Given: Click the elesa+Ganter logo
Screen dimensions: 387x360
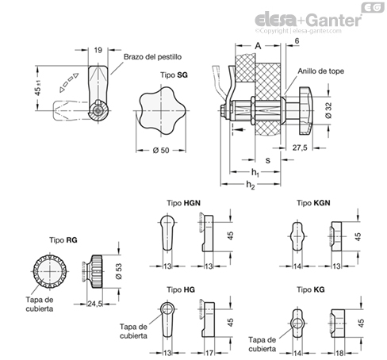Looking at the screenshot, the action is pyautogui.click(x=308, y=20).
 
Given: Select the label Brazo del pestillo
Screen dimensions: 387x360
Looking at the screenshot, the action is pyautogui.click(x=152, y=57).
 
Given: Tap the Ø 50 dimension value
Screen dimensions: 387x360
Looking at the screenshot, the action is pyautogui.click(x=161, y=151).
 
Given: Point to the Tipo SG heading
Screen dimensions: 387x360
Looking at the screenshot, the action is pyautogui.click(x=174, y=75).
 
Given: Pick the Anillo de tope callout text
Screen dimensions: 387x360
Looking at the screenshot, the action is pyautogui.click(x=321, y=71).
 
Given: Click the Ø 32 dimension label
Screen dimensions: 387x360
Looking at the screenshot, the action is pyautogui.click(x=328, y=110).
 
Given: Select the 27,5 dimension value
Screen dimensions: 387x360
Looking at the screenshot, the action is pyautogui.click(x=300, y=147).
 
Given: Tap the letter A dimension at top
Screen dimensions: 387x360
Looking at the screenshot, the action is pyautogui.click(x=258, y=46).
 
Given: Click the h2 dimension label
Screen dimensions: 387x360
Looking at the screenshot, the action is pyautogui.click(x=251, y=185).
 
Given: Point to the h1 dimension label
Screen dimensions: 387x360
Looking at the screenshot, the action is pyautogui.click(x=255, y=173).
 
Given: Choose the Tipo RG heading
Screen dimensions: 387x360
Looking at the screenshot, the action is pyautogui.click(x=63, y=240).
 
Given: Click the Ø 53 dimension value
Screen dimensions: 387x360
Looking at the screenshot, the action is pyautogui.click(x=119, y=271).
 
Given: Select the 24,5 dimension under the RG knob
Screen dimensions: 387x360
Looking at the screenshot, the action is pyautogui.click(x=95, y=304).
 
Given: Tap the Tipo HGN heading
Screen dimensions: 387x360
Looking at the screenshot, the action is pyautogui.click(x=183, y=203).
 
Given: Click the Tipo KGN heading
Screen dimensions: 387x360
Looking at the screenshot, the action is pyautogui.click(x=313, y=203).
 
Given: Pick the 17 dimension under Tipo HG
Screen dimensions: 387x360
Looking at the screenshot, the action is pyautogui.click(x=209, y=353).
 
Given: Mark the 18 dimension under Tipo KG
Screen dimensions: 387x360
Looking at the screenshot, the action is pyautogui.click(x=339, y=353).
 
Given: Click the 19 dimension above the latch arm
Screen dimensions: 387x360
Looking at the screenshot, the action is pyautogui.click(x=98, y=50).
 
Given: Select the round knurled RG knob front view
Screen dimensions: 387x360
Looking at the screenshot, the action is pyautogui.click(x=50, y=271).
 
